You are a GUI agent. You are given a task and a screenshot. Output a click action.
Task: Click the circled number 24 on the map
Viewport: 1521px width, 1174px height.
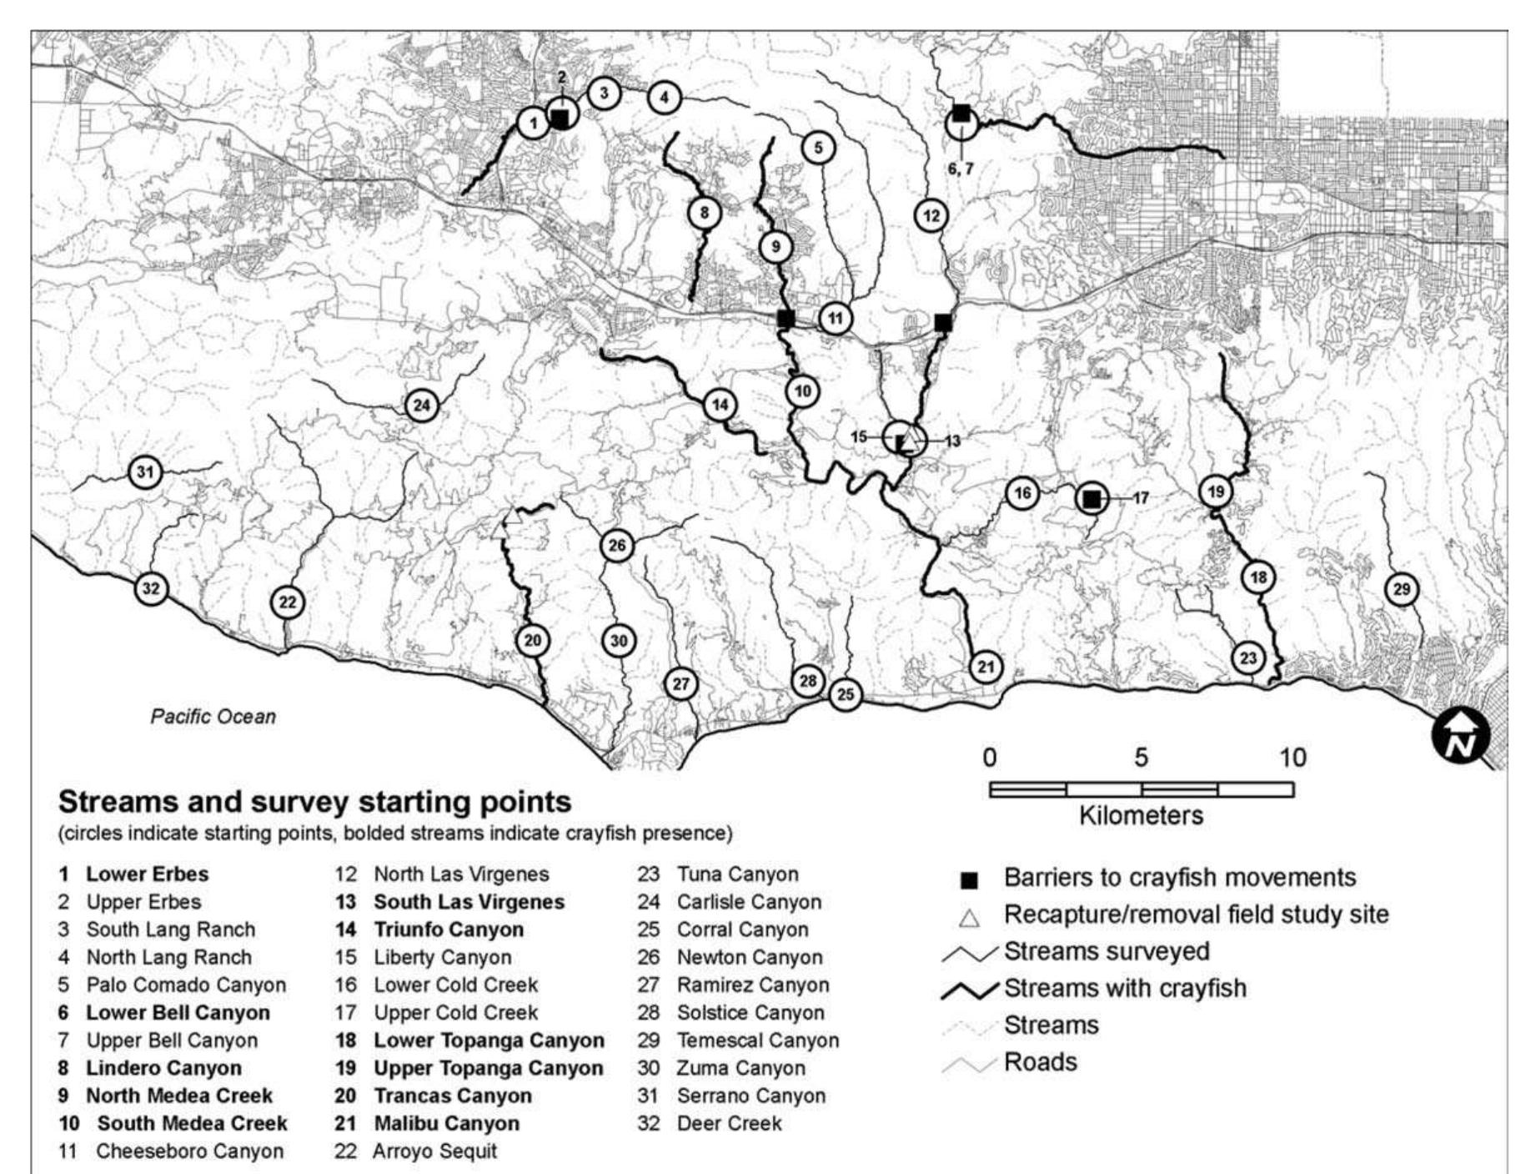click(421, 406)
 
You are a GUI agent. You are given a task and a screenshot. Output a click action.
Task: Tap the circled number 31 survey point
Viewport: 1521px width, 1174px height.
click(145, 472)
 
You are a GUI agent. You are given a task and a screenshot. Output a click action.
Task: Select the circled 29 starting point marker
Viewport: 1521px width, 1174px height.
click(1401, 590)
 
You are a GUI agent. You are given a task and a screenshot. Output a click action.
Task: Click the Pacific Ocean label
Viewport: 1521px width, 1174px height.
click(213, 717)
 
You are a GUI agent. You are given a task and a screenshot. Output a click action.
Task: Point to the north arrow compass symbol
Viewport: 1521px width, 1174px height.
click(1460, 736)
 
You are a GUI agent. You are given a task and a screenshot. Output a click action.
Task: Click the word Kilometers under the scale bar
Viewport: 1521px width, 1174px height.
click(1141, 815)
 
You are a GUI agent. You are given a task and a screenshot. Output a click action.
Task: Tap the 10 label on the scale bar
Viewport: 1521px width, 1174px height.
click(1293, 758)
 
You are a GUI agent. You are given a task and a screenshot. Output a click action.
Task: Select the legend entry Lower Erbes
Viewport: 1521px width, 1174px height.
click(147, 874)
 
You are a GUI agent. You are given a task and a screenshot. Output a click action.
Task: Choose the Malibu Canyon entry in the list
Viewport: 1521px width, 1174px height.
click(446, 1123)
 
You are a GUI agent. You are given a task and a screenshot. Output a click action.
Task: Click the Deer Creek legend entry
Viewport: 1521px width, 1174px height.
click(729, 1123)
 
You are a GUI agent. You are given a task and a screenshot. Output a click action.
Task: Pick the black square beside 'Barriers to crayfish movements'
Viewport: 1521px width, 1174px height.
click(969, 880)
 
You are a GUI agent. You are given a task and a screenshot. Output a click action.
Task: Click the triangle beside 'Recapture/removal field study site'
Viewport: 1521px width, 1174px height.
click(969, 918)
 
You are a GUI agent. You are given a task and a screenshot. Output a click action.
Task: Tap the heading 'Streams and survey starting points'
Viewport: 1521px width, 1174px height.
click(314, 802)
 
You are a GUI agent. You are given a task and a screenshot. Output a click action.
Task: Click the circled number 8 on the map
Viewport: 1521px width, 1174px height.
click(704, 213)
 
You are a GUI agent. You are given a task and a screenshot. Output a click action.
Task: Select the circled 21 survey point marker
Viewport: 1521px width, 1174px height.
click(986, 667)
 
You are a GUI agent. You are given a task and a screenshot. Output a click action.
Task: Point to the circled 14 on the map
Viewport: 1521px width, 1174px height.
click(720, 406)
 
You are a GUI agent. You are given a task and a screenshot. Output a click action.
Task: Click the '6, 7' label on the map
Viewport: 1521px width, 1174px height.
click(960, 169)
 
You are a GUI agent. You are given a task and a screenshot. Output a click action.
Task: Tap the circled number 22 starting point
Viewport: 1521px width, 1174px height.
click(287, 602)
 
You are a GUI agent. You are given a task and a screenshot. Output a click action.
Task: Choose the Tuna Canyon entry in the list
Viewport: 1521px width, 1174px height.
click(737, 874)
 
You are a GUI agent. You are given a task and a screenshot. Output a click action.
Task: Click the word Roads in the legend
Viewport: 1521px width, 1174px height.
click(1040, 1062)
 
